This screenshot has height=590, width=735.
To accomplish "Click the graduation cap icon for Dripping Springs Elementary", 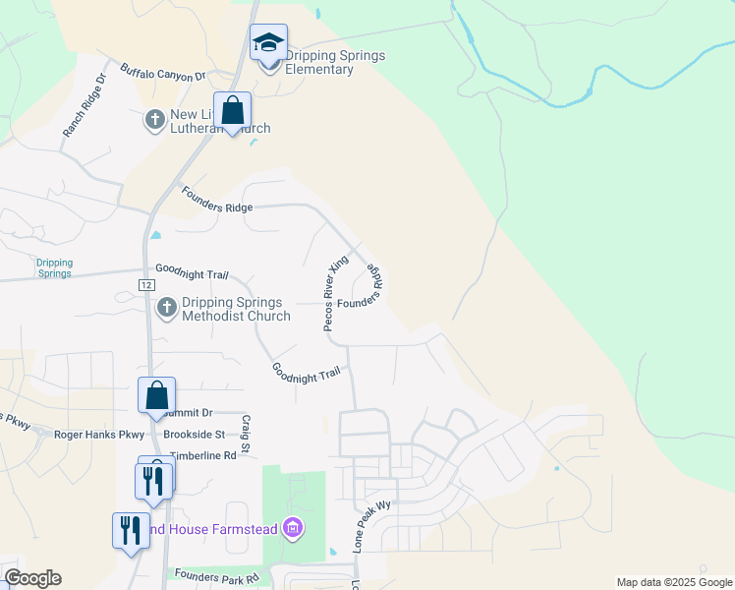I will [x=268, y=43].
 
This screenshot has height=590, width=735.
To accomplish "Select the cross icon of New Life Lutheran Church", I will [x=154, y=120].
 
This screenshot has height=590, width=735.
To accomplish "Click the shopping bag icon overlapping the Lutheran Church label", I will [x=233, y=111].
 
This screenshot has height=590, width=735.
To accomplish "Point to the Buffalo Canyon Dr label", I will [x=162, y=73].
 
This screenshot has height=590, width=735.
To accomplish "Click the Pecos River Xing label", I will [x=337, y=294].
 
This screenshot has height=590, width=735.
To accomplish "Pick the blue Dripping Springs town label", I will [x=54, y=267].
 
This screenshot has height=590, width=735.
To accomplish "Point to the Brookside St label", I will [x=195, y=434].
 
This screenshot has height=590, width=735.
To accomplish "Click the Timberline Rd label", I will [x=203, y=456].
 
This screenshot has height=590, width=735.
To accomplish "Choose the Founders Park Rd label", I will [x=216, y=576].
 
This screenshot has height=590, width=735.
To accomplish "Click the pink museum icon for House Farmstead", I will [x=292, y=529].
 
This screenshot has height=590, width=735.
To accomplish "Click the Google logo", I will [x=32, y=578].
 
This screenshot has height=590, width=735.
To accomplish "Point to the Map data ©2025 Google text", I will [x=674, y=582].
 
